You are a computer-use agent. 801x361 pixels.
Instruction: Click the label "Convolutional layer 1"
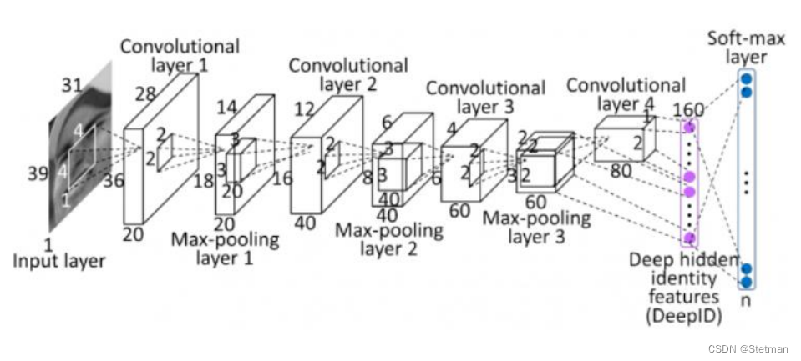180,54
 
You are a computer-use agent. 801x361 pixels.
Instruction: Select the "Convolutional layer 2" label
348,74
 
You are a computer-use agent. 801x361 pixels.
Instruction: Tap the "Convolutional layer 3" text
485,97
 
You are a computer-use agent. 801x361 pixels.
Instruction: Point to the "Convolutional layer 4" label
626,93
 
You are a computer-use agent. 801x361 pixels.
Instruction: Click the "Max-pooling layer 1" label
225,248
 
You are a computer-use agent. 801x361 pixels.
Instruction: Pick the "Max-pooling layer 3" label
535,228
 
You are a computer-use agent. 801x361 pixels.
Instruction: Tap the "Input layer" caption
59,261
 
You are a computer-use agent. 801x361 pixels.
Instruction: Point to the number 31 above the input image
73,84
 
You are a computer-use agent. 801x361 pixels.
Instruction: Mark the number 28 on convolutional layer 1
145,94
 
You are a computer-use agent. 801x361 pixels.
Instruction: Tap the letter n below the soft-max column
745,300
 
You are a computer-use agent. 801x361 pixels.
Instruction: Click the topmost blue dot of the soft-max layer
745,78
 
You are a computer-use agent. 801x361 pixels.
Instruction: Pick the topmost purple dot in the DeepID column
690,127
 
